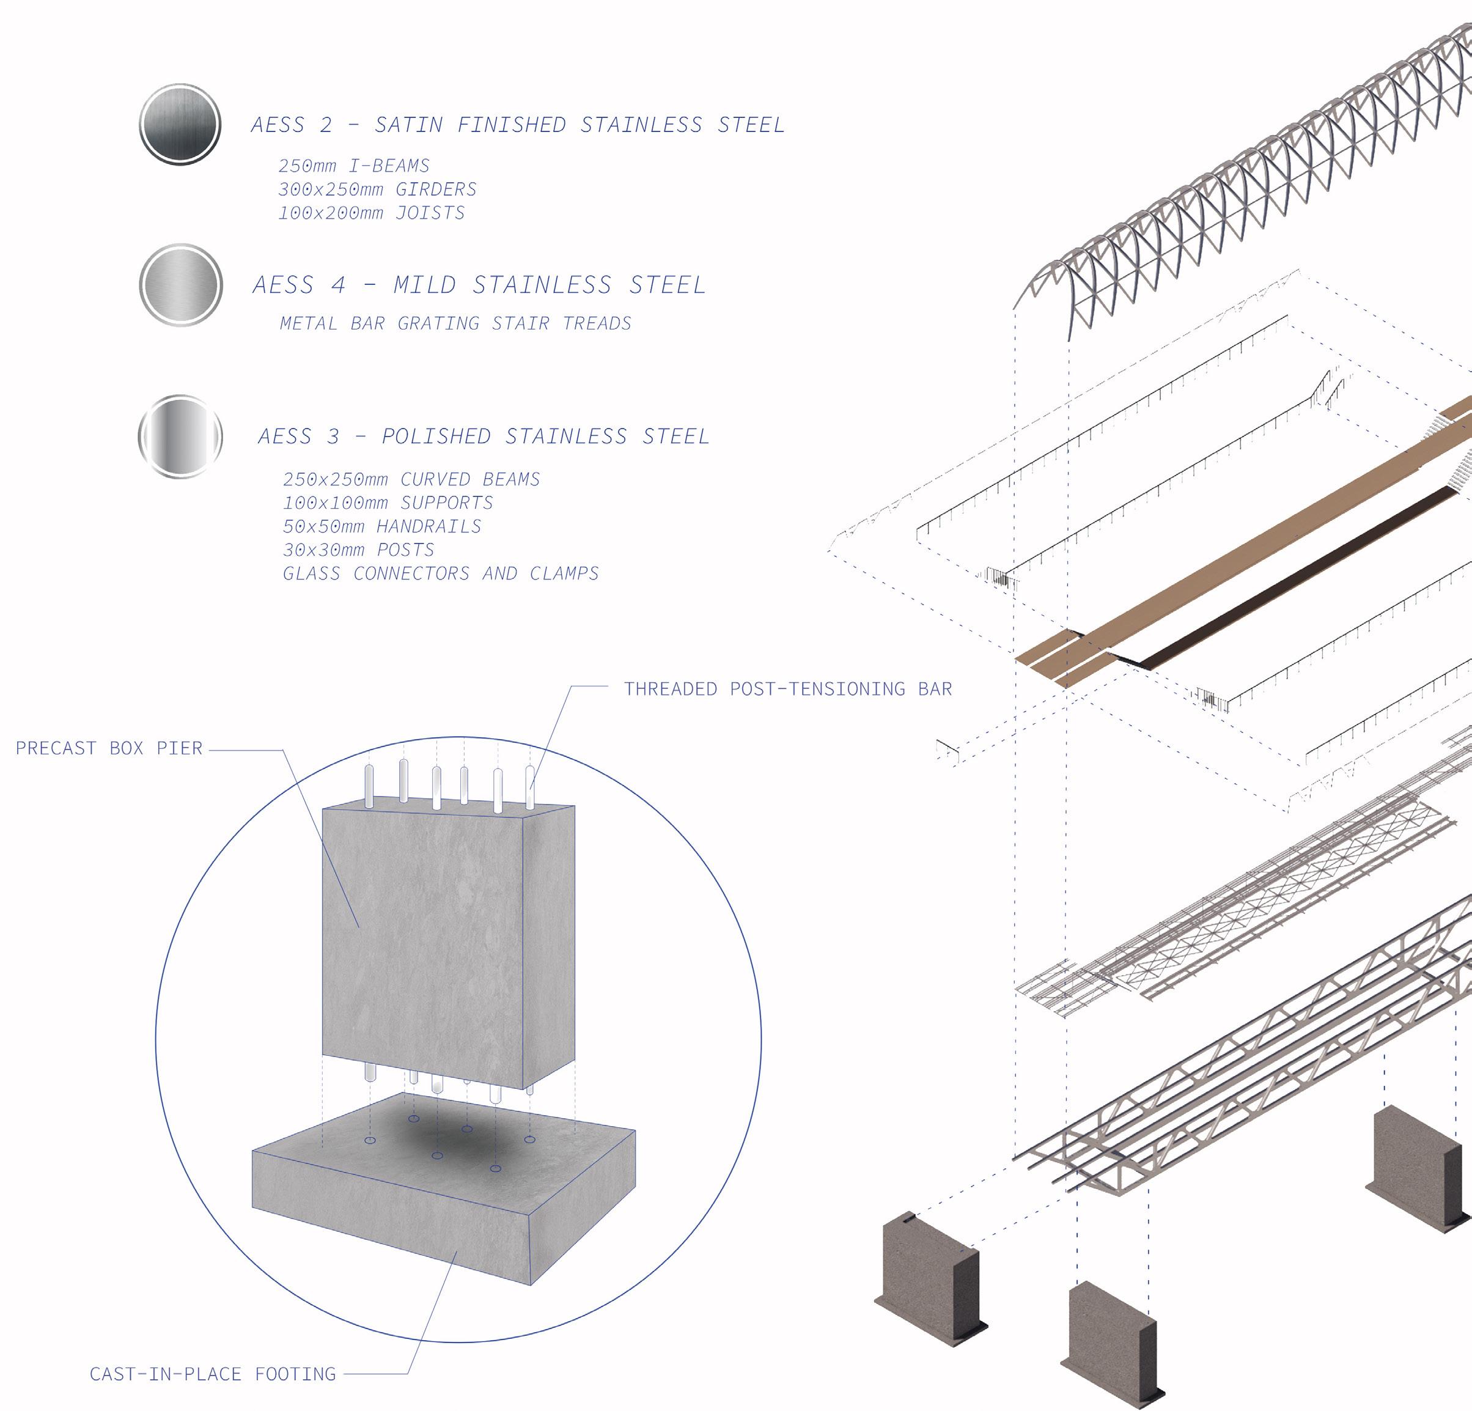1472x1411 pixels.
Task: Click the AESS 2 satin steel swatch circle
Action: (x=180, y=124)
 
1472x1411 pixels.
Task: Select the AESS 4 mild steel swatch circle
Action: (x=181, y=286)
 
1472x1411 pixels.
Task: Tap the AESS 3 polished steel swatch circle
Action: (x=180, y=437)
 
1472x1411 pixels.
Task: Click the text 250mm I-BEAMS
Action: (x=354, y=166)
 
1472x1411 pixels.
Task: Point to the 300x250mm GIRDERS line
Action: (x=377, y=190)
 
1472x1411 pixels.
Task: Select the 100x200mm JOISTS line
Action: (x=371, y=213)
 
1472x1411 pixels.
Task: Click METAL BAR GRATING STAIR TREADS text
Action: (x=455, y=323)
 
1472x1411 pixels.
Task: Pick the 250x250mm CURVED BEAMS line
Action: (x=411, y=480)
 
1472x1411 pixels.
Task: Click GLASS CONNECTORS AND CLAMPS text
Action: (x=441, y=573)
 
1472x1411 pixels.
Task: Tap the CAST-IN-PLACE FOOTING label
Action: (x=213, y=1374)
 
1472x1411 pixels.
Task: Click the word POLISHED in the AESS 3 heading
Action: (x=436, y=437)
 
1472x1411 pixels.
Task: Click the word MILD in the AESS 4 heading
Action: (x=425, y=286)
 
